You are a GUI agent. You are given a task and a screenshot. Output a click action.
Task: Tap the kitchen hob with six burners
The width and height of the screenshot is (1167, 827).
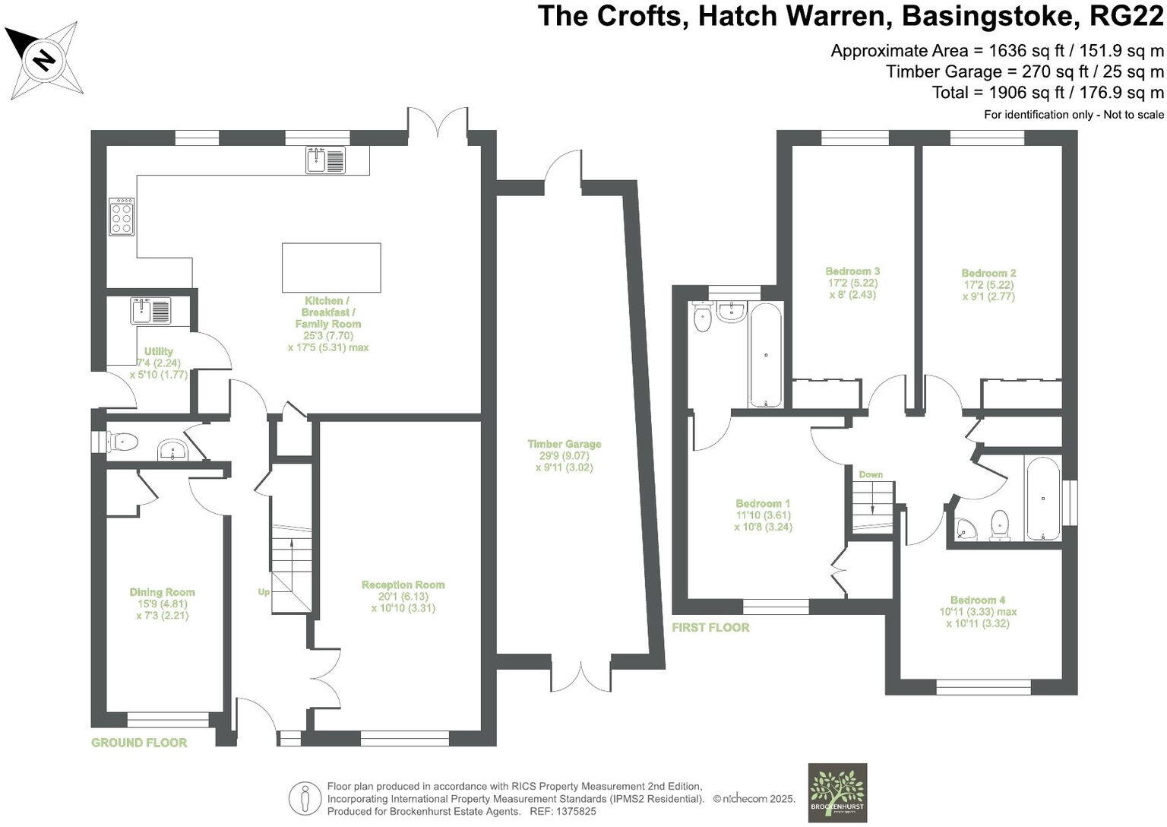pyautogui.click(x=122, y=216)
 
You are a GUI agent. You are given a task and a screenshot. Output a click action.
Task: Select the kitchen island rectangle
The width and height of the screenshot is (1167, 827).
pyautogui.click(x=331, y=268)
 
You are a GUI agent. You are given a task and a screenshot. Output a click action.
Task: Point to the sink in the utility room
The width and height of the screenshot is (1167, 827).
pyautogui.click(x=151, y=310)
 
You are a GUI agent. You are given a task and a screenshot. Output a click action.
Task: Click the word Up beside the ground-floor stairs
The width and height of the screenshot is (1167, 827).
pyautogui.click(x=263, y=591)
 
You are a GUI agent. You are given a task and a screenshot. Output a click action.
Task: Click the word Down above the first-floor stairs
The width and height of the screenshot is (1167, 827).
pyautogui.click(x=871, y=474)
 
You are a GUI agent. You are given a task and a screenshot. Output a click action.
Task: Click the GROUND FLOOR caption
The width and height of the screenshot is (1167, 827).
pyautogui.click(x=139, y=743)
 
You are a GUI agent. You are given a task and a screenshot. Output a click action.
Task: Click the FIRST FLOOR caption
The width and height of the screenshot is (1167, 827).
pyautogui.click(x=710, y=627)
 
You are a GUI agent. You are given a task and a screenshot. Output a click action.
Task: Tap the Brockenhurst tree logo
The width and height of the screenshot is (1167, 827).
pyautogui.click(x=837, y=792)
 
